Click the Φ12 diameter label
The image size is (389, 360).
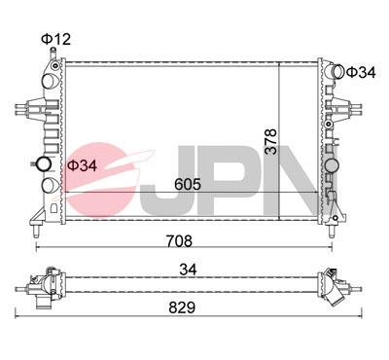[56, 38]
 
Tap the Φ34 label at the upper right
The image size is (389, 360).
[361, 73]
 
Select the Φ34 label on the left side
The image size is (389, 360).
[82, 165]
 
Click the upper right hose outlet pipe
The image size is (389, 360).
[335, 72]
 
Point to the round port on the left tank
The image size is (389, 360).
[44, 163]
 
